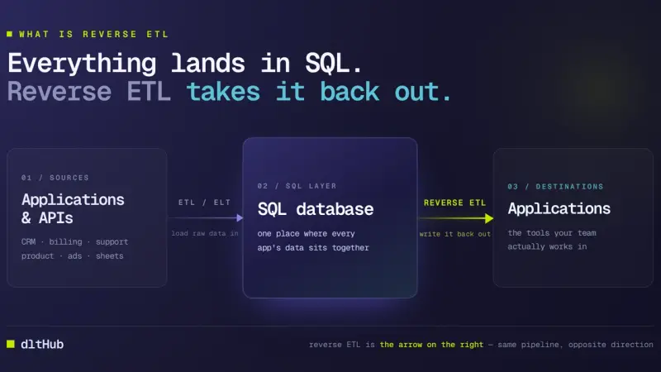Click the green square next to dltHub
coord(11,344)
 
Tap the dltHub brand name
coord(42,344)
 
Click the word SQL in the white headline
coord(327,64)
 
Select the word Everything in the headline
coord(82,64)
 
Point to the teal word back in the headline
coord(350,92)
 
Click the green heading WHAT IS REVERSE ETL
coord(93,34)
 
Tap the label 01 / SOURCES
coord(55,178)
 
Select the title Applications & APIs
coord(73,208)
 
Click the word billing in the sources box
coord(65,241)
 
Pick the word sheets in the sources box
coord(110,256)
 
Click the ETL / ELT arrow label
coord(204,203)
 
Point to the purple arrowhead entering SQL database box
coord(240,217)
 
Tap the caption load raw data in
coord(205,233)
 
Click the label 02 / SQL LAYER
coord(297,186)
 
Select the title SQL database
coord(316,209)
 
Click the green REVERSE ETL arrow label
coord(455,203)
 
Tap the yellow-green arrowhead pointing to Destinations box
coord(489,218)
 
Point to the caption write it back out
coord(455,234)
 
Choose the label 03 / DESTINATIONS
coord(555,187)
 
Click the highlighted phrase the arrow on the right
coord(431,345)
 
